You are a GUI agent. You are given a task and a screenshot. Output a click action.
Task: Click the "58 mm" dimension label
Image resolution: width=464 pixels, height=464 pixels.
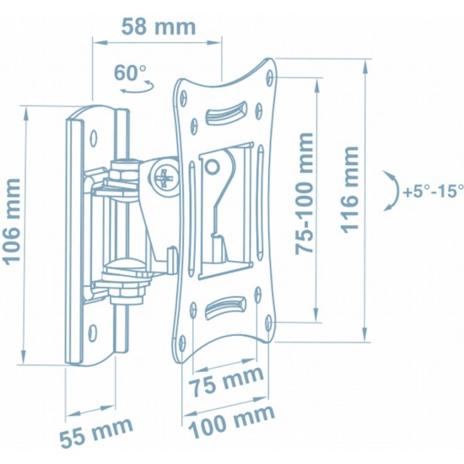click(x=157, y=26)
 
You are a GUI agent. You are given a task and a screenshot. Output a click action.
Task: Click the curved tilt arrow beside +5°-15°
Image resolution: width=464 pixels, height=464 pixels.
click(x=391, y=192)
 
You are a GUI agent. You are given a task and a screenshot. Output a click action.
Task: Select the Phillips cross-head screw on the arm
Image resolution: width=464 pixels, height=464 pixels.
click(x=163, y=178)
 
